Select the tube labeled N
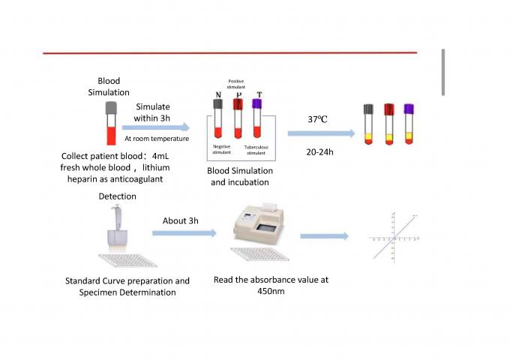point(218,118)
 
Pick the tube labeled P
point(238,118)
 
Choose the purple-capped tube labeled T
point(257,118)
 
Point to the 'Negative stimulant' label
point(222,149)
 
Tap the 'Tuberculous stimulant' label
point(256,149)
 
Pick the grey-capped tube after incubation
point(369,124)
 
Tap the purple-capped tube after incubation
point(409,124)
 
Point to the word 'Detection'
point(118,196)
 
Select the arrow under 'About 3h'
point(184,234)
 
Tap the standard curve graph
point(393,235)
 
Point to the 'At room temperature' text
point(156,139)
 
